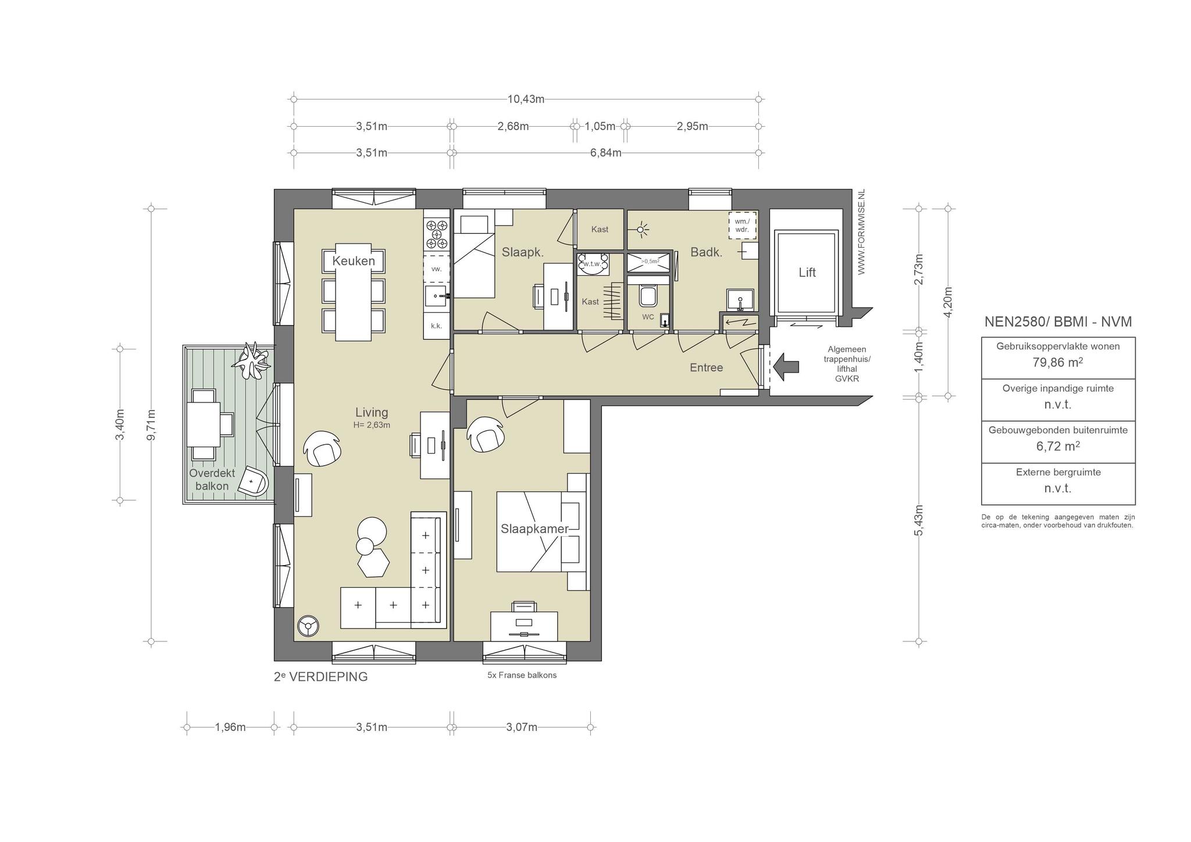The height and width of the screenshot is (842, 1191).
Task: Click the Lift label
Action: (x=807, y=272)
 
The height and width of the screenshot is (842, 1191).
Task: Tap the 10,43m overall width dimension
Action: (x=526, y=99)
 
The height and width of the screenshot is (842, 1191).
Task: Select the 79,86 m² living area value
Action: (x=1058, y=362)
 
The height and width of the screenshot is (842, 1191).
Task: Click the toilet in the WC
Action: (x=647, y=295)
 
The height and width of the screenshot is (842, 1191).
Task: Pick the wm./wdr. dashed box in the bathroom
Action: (x=742, y=225)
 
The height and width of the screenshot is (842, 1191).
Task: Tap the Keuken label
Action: (x=354, y=261)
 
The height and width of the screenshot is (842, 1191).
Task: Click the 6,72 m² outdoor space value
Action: (x=1058, y=446)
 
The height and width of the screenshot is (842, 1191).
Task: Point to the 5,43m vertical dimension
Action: (x=919, y=520)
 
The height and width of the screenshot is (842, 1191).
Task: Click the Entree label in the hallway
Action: (x=706, y=368)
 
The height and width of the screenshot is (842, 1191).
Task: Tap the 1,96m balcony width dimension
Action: (x=230, y=727)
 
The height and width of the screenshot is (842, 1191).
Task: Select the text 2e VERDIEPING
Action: (x=320, y=677)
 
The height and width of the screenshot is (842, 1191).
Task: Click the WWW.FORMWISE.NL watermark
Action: (x=861, y=231)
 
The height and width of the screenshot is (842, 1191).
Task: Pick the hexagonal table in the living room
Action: (x=373, y=563)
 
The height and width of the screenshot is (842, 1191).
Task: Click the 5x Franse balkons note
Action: (x=522, y=675)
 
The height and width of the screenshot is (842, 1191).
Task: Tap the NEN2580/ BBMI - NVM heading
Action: (x=1058, y=322)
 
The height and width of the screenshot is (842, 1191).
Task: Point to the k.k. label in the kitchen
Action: (x=436, y=326)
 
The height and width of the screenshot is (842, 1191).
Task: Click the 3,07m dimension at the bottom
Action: (x=522, y=727)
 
